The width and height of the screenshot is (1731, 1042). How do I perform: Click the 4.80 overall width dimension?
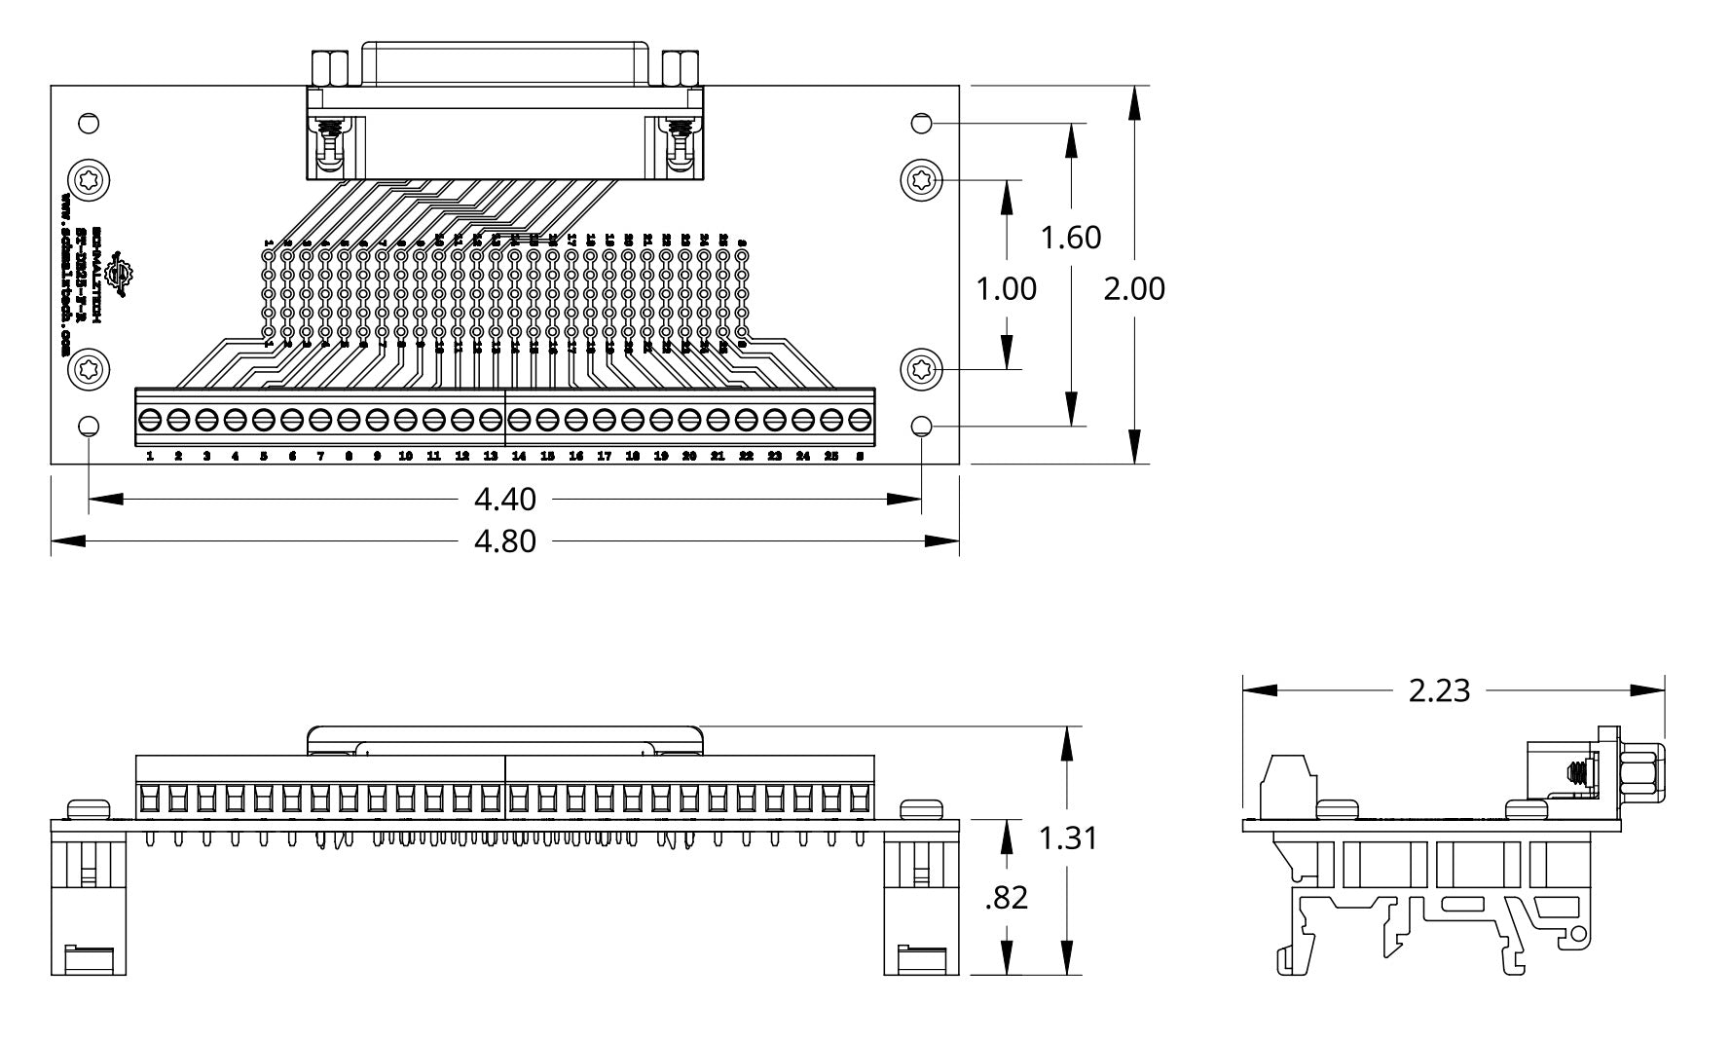pyautogui.click(x=504, y=540)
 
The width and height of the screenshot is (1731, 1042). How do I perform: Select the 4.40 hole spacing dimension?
pyautogui.click(x=504, y=499)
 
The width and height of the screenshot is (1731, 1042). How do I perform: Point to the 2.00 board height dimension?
pyautogui.click(x=1133, y=288)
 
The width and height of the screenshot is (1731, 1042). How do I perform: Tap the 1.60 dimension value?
pyautogui.click(x=1071, y=237)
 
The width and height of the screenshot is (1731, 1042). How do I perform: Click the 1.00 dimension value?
pyautogui.click(x=1007, y=288)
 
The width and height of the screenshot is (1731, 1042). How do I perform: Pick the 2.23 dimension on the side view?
pyautogui.click(x=1439, y=689)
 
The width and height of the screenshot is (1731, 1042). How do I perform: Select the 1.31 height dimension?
pyautogui.click(x=1068, y=837)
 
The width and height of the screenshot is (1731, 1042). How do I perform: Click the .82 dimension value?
pyautogui.click(x=1006, y=897)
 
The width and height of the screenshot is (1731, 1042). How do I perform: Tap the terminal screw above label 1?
pyautogui.click(x=150, y=421)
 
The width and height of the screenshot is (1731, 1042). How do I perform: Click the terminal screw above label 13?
pyautogui.click(x=491, y=421)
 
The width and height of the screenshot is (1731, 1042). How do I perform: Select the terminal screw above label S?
pyautogui.click(x=860, y=421)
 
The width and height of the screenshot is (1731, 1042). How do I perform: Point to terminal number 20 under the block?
pyautogui.click(x=689, y=456)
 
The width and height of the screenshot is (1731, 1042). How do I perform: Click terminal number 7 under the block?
pyautogui.click(x=320, y=456)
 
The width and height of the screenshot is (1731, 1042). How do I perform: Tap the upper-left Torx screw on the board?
pyautogui.click(x=89, y=180)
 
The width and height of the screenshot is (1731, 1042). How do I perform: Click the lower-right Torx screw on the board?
pyautogui.click(x=922, y=369)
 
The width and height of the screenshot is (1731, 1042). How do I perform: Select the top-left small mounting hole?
pyautogui.click(x=89, y=124)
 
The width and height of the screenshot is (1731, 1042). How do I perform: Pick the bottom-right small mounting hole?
pyautogui.click(x=922, y=427)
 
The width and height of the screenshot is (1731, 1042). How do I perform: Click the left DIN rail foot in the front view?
pyautogui.click(x=89, y=906)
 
